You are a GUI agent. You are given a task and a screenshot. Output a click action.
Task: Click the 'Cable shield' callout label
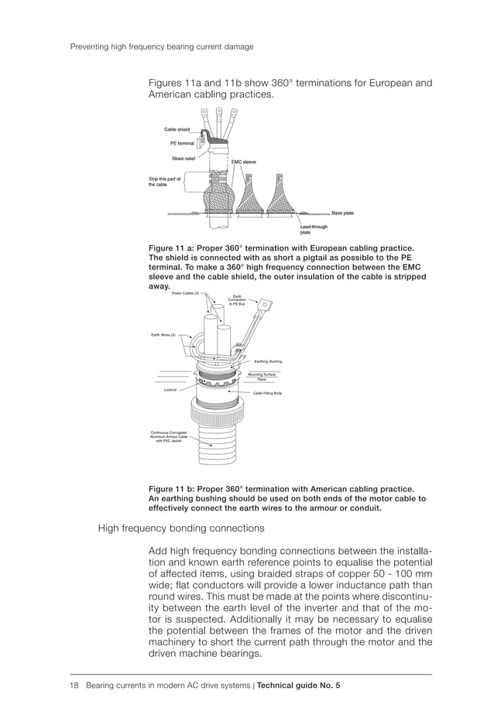click(x=177, y=129)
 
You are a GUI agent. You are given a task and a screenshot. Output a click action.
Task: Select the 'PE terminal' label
click(x=182, y=143)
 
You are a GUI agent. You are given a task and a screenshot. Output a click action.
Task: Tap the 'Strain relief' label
click(x=184, y=157)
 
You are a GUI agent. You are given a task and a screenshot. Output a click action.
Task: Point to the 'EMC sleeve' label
click(x=243, y=162)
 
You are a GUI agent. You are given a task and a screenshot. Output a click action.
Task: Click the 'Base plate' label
click(x=342, y=212)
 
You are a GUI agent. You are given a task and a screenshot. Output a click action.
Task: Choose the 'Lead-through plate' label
click(x=314, y=227)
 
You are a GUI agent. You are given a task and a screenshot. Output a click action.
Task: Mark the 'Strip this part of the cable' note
click(x=163, y=182)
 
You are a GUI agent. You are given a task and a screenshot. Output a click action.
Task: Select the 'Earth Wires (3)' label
click(x=163, y=334)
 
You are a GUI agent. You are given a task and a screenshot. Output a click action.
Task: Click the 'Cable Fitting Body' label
click(x=267, y=393)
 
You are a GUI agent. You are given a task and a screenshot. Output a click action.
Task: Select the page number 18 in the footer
click(x=75, y=685)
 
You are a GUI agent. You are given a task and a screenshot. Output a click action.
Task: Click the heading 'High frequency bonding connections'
click(x=180, y=528)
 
